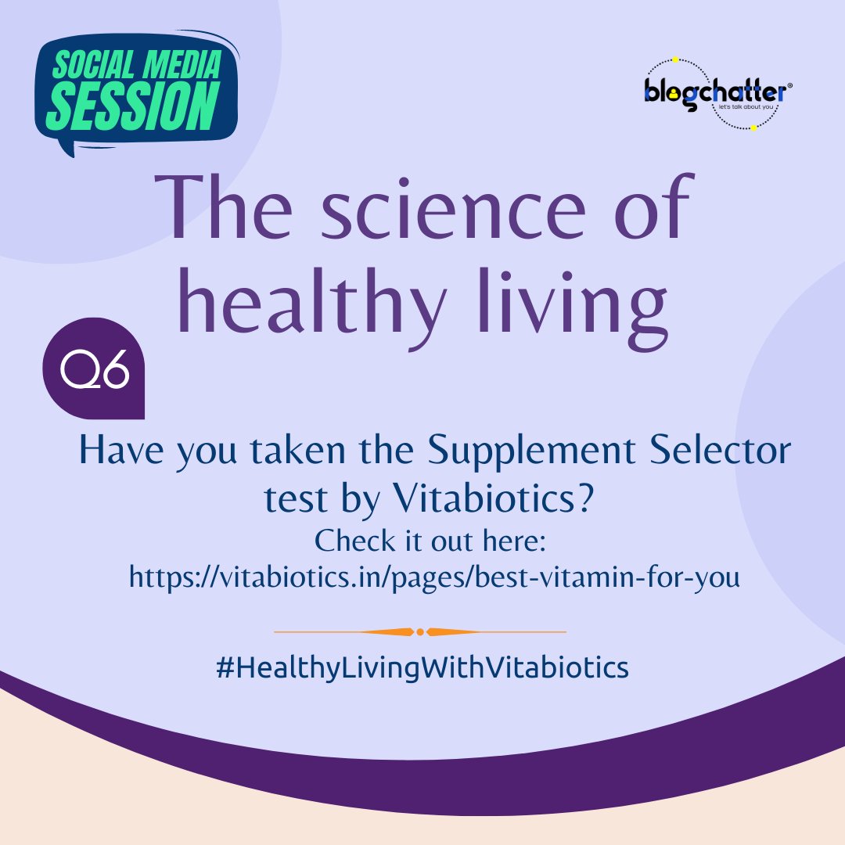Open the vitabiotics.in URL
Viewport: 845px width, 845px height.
(433, 577)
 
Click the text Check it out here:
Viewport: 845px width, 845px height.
(434, 541)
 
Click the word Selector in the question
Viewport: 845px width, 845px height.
(706, 452)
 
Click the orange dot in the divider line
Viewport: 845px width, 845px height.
(420, 631)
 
